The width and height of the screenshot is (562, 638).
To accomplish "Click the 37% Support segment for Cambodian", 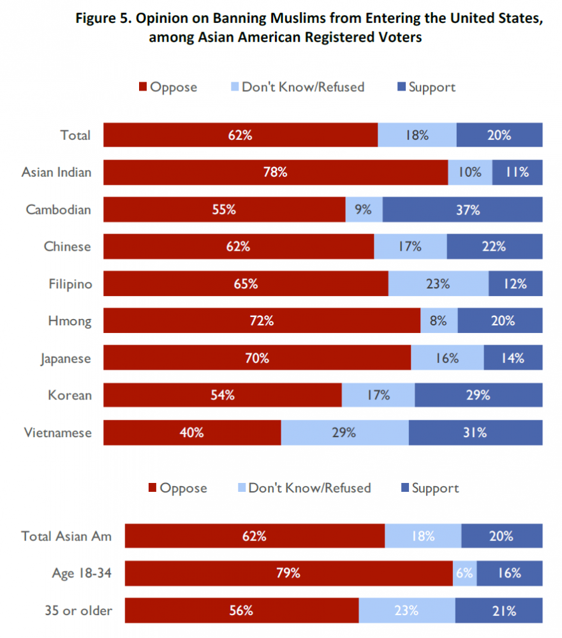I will click(462, 209).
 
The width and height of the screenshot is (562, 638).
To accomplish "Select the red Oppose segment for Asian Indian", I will click(276, 172).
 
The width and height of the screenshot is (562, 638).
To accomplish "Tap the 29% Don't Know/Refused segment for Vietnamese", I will click(344, 433).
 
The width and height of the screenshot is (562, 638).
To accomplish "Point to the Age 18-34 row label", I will click(82, 573).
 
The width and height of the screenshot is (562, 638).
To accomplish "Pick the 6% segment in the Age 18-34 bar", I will click(464, 573).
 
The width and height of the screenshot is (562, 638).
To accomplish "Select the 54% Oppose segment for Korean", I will click(223, 395).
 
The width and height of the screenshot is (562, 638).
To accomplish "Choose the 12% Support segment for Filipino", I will click(515, 284).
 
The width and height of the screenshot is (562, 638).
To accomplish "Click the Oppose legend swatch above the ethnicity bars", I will click(143, 87).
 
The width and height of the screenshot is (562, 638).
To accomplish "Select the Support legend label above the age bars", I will click(435, 488).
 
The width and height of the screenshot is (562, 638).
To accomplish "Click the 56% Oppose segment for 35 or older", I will click(242, 611).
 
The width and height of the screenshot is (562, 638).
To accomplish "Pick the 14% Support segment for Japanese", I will click(513, 358).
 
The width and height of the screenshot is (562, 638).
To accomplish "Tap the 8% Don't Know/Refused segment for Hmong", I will click(439, 321).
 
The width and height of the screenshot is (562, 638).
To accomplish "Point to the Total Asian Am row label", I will click(66, 536).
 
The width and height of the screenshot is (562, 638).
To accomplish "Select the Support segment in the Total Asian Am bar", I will click(501, 536).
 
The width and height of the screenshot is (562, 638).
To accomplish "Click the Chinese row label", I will click(68, 246).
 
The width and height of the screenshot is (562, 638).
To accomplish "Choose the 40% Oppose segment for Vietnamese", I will click(192, 433).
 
